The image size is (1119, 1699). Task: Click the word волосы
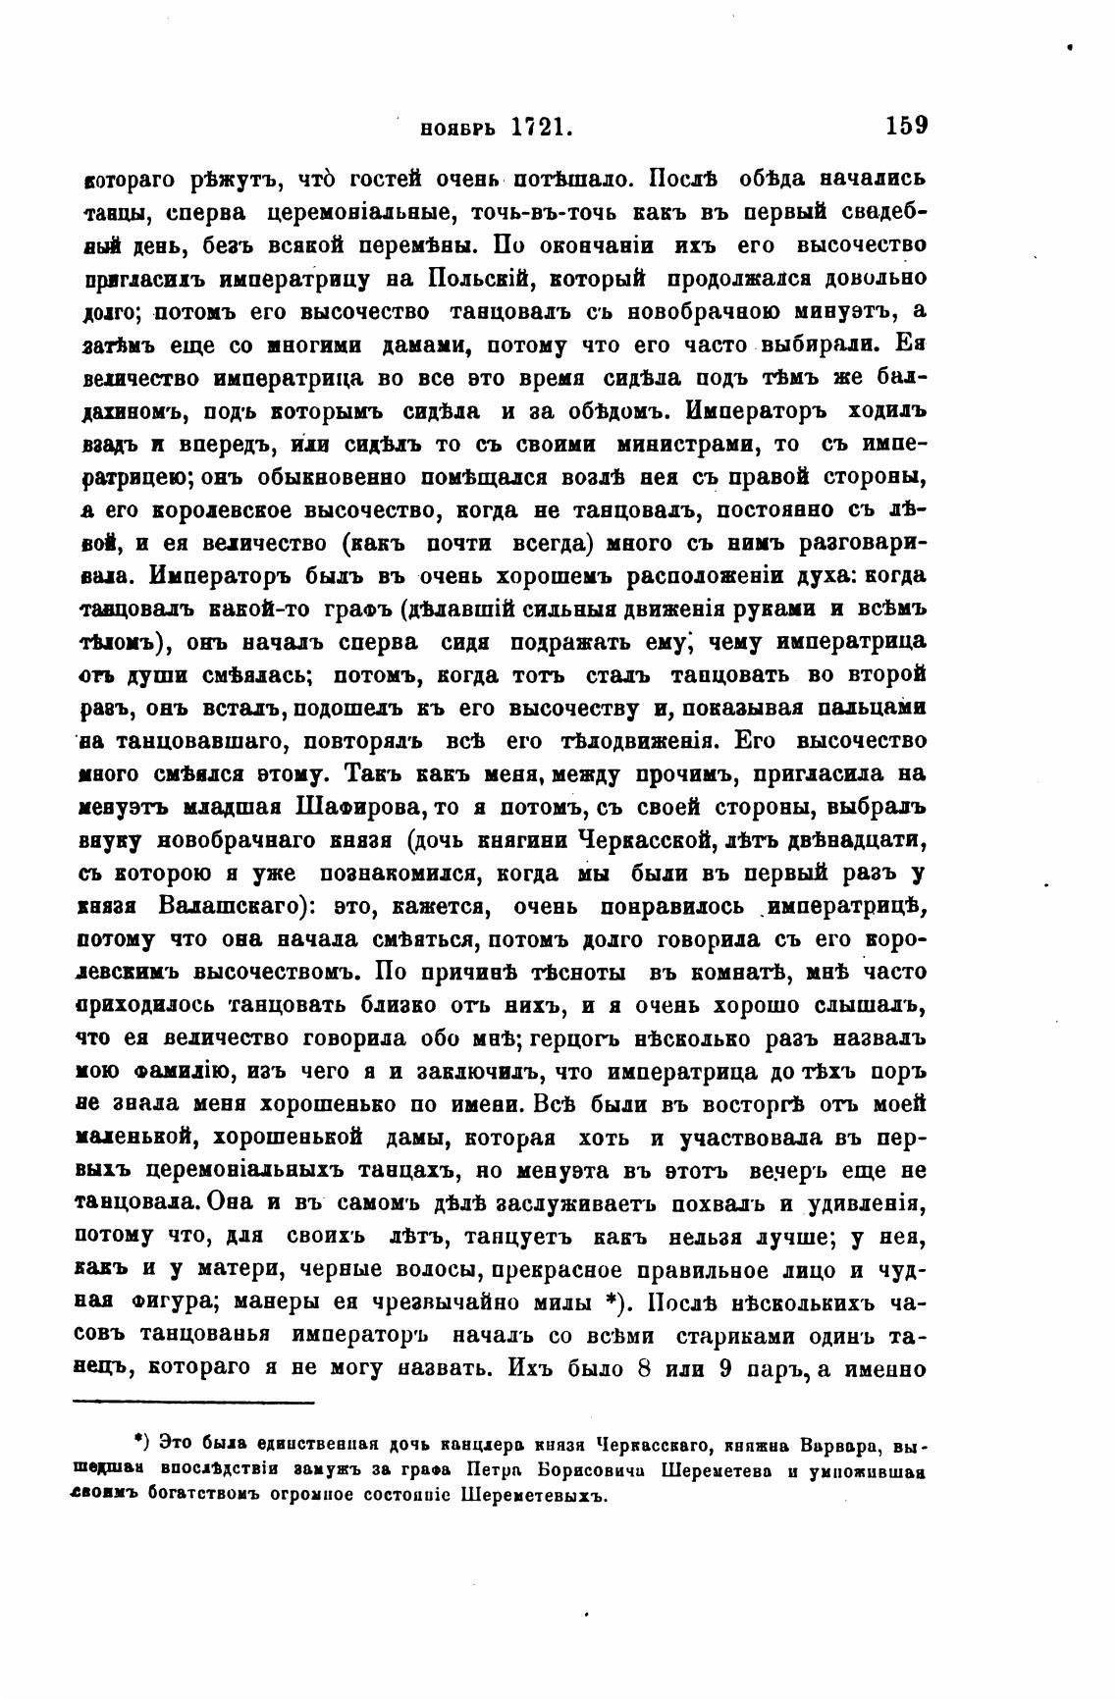[x=426, y=1269]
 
